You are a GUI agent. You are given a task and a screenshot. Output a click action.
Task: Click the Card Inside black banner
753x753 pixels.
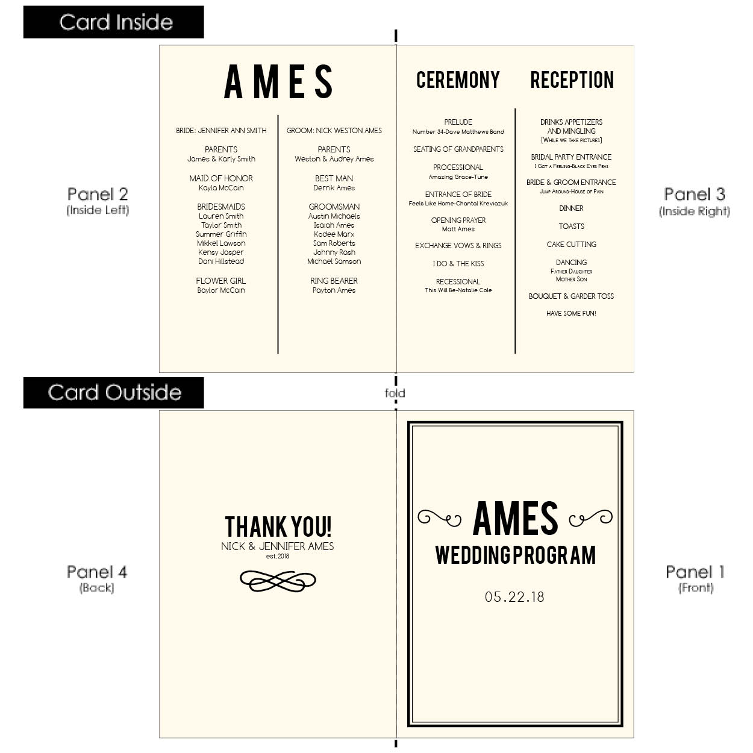[x=113, y=22]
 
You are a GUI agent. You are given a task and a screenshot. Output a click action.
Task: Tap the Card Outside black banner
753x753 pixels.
[x=113, y=393]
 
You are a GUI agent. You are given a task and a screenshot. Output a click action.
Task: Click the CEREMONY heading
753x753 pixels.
[x=458, y=80]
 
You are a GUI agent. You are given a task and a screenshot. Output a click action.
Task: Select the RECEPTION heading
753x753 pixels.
[x=572, y=80]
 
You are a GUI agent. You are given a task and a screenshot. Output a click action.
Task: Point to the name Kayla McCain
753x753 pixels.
[x=221, y=188]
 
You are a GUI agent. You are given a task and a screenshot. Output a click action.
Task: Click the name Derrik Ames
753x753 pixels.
[x=334, y=188]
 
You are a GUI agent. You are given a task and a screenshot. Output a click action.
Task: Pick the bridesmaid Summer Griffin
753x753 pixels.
[x=221, y=234]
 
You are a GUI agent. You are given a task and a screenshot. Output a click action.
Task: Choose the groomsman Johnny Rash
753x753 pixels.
[x=334, y=252]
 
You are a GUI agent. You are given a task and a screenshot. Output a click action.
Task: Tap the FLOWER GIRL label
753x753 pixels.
[x=221, y=281]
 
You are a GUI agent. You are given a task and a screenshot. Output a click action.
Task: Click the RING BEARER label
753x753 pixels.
[x=334, y=281]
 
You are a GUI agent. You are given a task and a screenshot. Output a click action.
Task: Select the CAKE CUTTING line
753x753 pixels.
[x=571, y=245]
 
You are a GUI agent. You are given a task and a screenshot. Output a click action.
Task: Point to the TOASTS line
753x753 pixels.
[x=571, y=227]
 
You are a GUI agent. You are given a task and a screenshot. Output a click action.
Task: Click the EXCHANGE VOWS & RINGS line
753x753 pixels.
[x=458, y=246]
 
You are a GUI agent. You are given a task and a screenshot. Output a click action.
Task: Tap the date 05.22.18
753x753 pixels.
[x=514, y=597]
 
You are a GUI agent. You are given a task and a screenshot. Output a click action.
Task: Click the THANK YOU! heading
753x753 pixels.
[x=278, y=526]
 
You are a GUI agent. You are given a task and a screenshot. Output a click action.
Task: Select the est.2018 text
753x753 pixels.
[x=278, y=556]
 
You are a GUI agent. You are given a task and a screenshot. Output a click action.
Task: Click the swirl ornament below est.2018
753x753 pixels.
[x=278, y=581]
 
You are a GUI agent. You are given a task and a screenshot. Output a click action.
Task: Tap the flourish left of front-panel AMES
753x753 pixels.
[x=440, y=519]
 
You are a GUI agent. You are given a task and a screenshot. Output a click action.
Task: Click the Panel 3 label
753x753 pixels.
[x=695, y=194]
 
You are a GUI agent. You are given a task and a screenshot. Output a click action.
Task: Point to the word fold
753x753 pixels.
[x=395, y=393]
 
